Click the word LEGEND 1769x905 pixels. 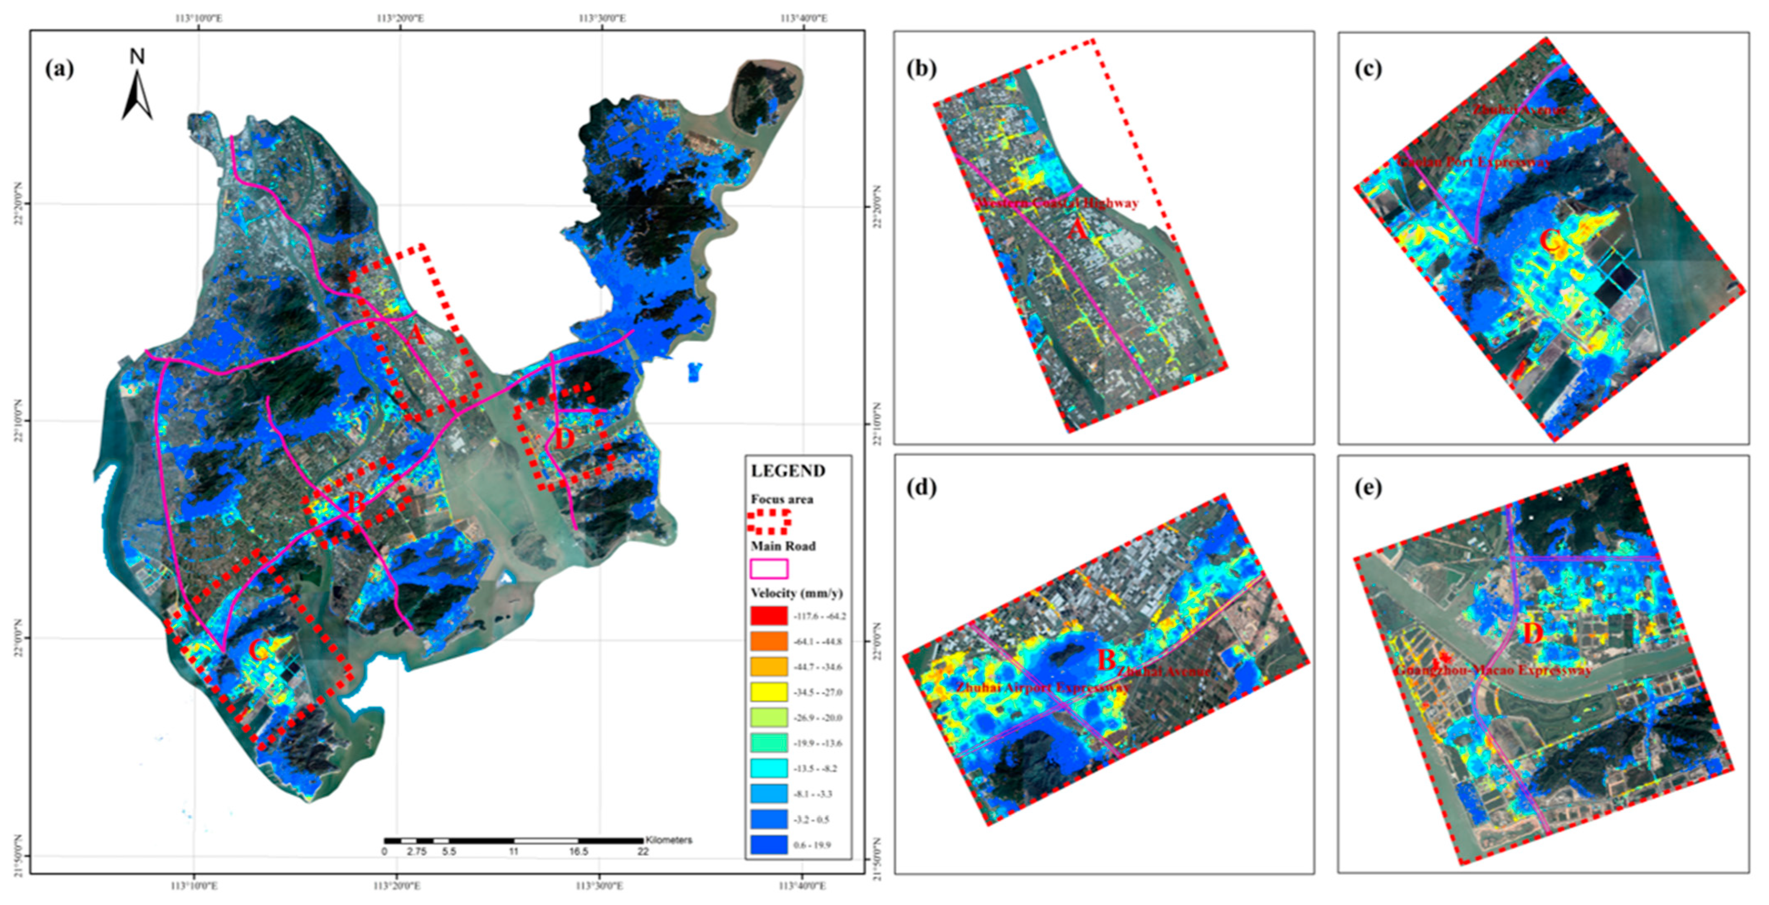pyautogui.click(x=788, y=471)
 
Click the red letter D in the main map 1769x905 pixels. pyautogui.click(x=564, y=440)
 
